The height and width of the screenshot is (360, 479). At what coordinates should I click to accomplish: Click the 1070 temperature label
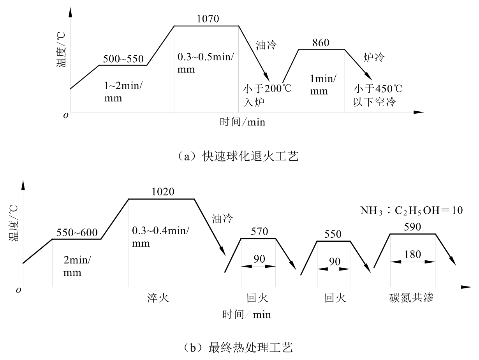(x=208, y=19)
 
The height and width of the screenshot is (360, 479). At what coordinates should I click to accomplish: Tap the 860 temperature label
(x=321, y=43)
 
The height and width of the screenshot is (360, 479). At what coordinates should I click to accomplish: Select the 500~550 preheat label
(x=123, y=59)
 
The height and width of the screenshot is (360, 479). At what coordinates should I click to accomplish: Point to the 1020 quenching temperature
(x=163, y=192)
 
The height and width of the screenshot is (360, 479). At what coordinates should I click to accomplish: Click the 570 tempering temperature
(x=259, y=231)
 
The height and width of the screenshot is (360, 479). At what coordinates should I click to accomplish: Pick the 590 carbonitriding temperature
(x=412, y=227)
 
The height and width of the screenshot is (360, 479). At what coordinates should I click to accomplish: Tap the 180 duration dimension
(x=412, y=254)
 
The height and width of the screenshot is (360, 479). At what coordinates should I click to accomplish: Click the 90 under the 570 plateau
(x=259, y=259)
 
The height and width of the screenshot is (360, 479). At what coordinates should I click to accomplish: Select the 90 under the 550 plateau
(x=335, y=262)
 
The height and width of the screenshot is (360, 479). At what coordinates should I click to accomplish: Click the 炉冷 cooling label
(x=374, y=58)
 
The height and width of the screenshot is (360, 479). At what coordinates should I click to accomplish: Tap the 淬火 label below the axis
(x=158, y=298)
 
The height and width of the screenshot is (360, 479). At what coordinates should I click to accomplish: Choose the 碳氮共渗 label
(x=412, y=298)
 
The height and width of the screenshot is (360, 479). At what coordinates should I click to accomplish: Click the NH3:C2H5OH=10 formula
(x=411, y=211)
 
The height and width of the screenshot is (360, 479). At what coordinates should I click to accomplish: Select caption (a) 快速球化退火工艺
(x=238, y=156)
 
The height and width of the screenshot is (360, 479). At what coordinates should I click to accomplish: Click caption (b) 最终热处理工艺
(x=238, y=348)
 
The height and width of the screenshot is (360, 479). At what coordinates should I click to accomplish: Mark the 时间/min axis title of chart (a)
(x=243, y=122)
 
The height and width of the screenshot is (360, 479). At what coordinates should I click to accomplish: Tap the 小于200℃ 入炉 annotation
(x=267, y=95)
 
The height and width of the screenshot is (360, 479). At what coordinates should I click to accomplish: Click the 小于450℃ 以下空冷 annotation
(x=378, y=95)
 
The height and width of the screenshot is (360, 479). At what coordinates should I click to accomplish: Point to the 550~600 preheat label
(x=77, y=233)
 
